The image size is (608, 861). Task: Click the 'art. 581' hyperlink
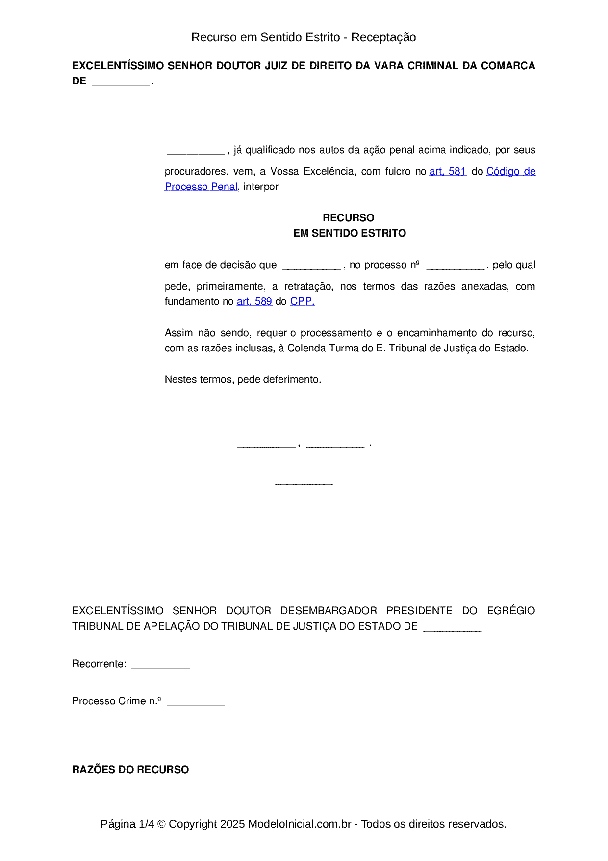tap(448, 171)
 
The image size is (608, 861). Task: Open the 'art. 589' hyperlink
tap(254, 301)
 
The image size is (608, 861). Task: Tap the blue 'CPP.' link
tap(302, 301)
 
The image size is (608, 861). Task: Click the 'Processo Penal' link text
tap(201, 187)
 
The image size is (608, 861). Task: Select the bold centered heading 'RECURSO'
tap(348, 217)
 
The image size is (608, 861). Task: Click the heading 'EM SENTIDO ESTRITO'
tap(350, 233)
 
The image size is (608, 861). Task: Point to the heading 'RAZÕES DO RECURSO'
tap(130, 769)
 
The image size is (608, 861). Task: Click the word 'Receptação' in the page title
tap(383, 37)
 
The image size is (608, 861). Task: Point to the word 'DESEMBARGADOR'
tap(329, 610)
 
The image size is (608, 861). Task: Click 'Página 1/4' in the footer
tap(127, 824)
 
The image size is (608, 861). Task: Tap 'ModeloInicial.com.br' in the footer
tap(300, 824)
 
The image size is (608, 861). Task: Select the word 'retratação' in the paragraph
tap(308, 286)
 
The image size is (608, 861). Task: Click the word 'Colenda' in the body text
tap(305, 348)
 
